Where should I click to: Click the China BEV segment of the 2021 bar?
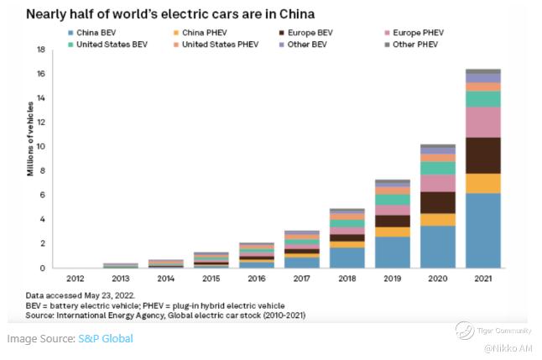point(483,231)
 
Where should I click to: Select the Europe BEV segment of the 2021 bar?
point(483,155)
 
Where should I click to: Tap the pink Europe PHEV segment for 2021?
point(483,123)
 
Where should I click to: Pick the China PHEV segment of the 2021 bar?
point(483,184)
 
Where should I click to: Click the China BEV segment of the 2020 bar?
point(438,247)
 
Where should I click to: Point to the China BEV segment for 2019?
point(393,253)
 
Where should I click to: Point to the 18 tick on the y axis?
point(40,50)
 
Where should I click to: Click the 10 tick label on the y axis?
point(40,147)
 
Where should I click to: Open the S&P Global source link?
point(105,338)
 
